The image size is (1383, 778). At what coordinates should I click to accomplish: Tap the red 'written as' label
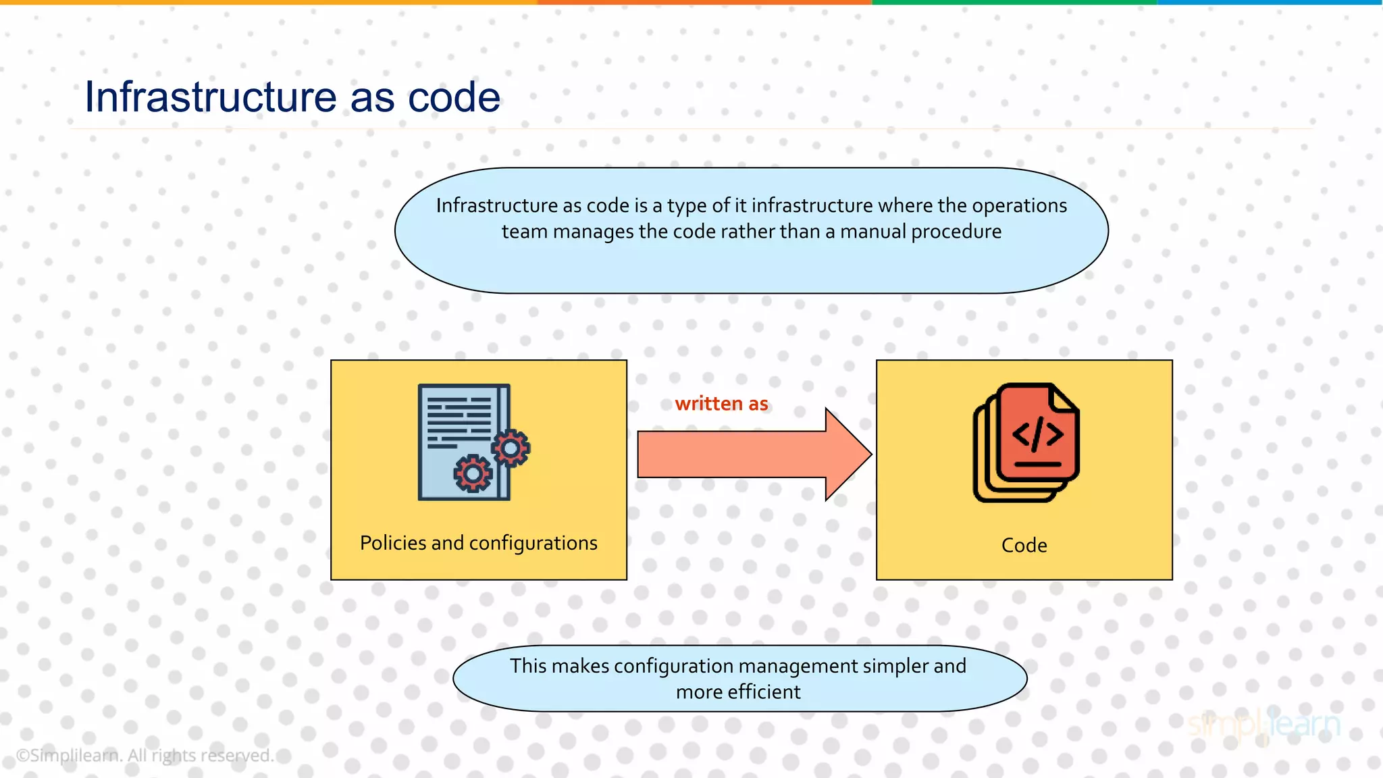pos(721,403)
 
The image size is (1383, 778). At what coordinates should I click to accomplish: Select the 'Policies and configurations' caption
pos(478,543)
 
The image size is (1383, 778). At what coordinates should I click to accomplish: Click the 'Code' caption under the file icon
pos(1024,545)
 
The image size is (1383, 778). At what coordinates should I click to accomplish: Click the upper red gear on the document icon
pos(511,448)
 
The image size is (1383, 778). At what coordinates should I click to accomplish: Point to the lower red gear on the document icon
pos(473,473)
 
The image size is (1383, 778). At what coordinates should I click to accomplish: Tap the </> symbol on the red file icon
pos(1038,434)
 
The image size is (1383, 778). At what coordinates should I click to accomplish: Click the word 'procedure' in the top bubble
pos(956,232)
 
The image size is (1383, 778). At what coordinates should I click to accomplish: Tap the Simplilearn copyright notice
pos(145,755)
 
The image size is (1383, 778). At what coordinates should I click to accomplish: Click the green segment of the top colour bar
pos(1013,3)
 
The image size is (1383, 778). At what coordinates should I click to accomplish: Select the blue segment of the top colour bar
pos(1270,3)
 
